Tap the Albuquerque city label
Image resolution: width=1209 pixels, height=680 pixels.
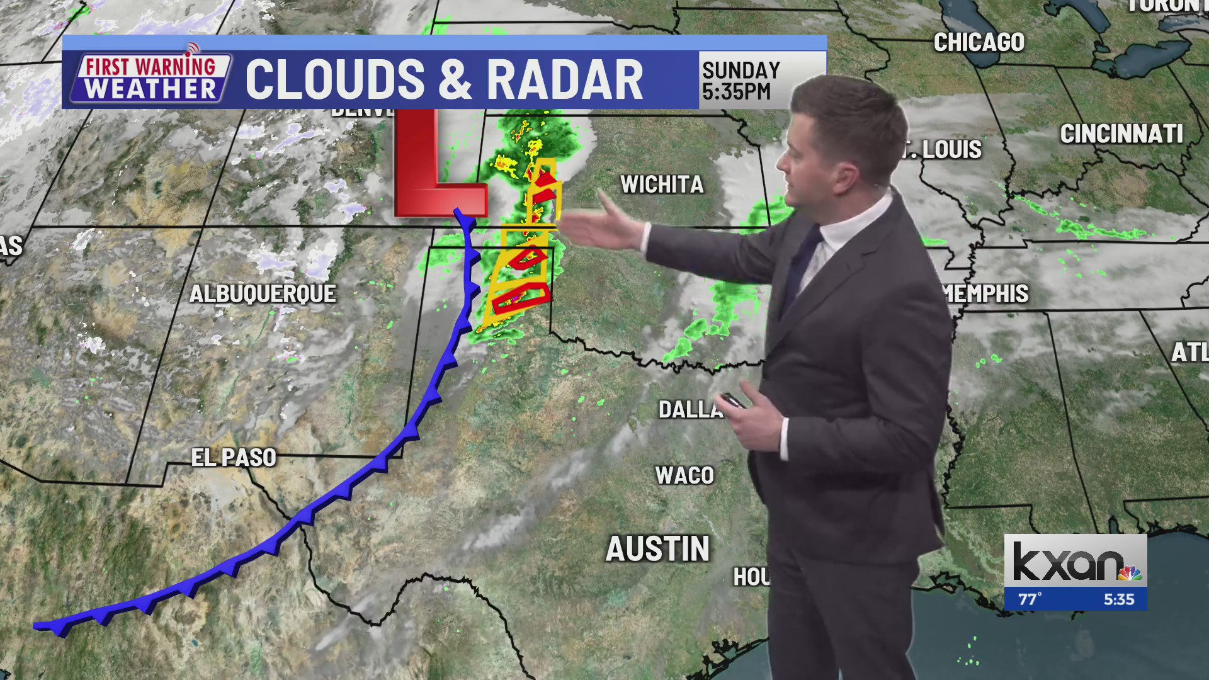pyautogui.click(x=263, y=294)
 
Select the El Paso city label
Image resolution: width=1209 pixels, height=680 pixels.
pyautogui.click(x=234, y=458)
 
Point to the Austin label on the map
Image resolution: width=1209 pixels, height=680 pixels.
pyautogui.click(x=657, y=548)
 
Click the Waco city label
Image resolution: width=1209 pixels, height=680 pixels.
pyautogui.click(x=684, y=475)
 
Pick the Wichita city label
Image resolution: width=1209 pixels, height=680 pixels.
pyautogui.click(x=662, y=184)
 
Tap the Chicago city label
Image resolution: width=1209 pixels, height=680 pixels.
pyautogui.click(x=979, y=42)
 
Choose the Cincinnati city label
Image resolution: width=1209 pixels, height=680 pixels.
pyautogui.click(x=1121, y=133)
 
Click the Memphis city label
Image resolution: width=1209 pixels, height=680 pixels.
pyautogui.click(x=987, y=293)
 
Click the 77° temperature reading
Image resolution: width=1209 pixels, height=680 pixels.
pyautogui.click(x=1030, y=599)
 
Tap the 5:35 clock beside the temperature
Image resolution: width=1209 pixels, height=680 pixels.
pyautogui.click(x=1118, y=599)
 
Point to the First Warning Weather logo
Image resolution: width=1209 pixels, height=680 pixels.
pyautogui.click(x=150, y=78)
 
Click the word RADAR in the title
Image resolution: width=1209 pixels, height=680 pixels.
pyautogui.click(x=564, y=80)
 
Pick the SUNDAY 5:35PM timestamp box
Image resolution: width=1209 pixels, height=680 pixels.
pyautogui.click(x=742, y=80)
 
